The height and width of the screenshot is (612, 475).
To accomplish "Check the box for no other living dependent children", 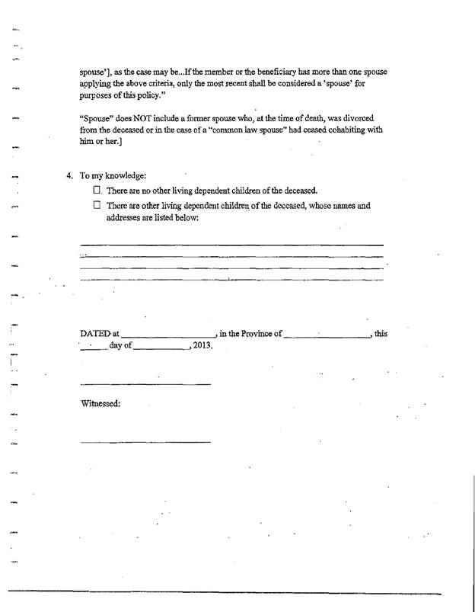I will pyautogui.click(x=97, y=190).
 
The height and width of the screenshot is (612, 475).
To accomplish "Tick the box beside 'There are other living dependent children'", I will pyautogui.click(x=97, y=205).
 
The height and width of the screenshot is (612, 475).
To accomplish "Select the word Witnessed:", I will pyautogui.click(x=100, y=403).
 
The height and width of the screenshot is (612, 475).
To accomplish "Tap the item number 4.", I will pyautogui.click(x=69, y=176).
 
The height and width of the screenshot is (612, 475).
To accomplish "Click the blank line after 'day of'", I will pyautogui.click(x=163, y=348).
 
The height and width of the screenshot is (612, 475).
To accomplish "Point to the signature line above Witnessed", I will pyautogui.click(x=145, y=383).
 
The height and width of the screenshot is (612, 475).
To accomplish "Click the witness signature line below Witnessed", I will pyautogui.click(x=145, y=442).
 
